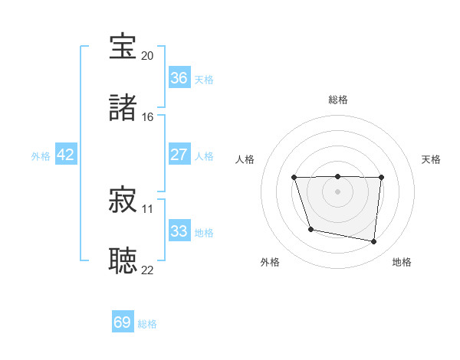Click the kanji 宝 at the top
[123, 47]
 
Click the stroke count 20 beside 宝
[147, 55]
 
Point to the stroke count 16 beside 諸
[147, 116]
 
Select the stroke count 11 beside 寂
[147, 208]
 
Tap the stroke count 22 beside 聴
[147, 269]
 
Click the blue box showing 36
[179, 77]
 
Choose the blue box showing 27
[179, 154]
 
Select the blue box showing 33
[179, 231]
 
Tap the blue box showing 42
[66, 154]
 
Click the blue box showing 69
[123, 322]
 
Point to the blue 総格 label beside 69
[147, 324]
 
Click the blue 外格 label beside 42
[41, 156]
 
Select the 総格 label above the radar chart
[337, 100]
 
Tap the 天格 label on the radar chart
[431, 159]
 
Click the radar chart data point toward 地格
[374, 242]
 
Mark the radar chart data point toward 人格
[294, 178]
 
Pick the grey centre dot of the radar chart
[337, 191]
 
